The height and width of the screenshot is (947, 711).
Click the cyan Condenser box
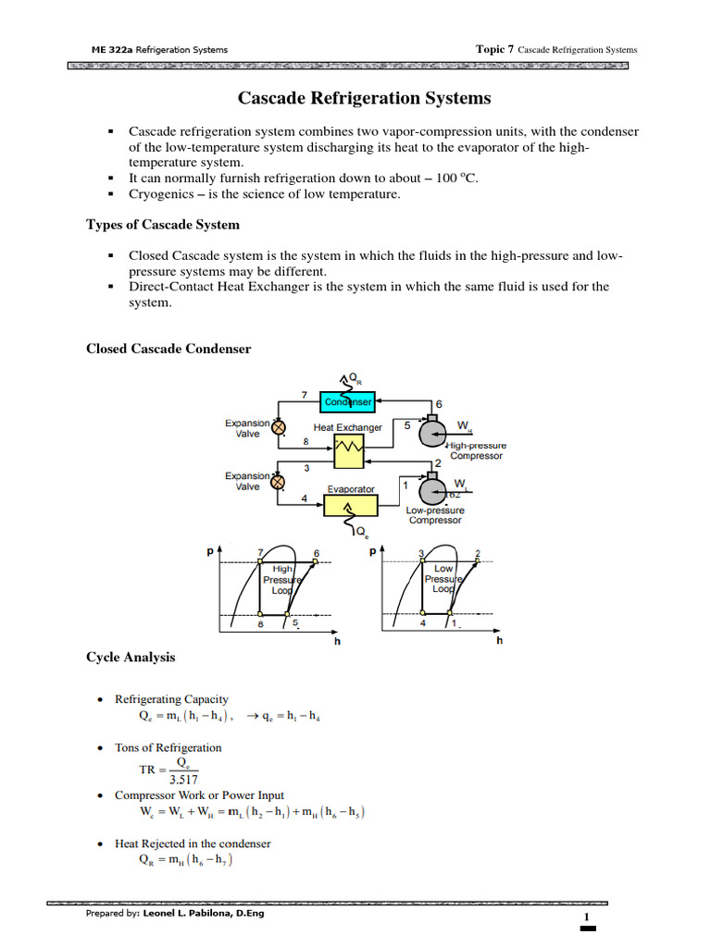point(348,401)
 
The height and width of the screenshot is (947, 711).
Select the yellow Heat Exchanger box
point(348,452)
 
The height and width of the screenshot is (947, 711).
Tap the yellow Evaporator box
point(351,505)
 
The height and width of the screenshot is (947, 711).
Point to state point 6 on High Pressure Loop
point(315,561)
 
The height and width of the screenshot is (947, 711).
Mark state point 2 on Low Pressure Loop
point(476,561)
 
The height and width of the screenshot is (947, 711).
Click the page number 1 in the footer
point(587,916)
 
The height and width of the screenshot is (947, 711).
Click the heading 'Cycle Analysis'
point(131,658)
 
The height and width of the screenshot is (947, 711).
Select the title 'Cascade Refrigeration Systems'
point(365,98)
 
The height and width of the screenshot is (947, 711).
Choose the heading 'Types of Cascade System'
point(163,225)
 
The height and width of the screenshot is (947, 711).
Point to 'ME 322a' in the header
point(108,49)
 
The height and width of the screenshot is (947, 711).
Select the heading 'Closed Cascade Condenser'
point(168,349)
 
